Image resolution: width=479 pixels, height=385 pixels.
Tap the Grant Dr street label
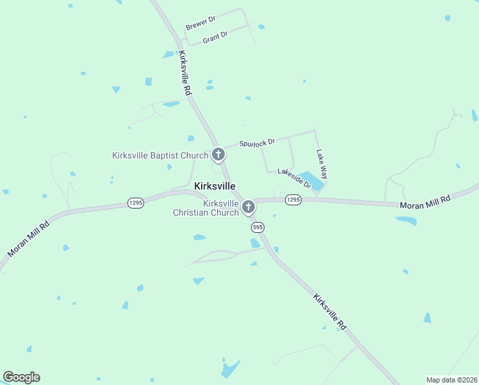215,37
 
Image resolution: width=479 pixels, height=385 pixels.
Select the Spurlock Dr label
257,142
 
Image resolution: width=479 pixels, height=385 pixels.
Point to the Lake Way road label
322,164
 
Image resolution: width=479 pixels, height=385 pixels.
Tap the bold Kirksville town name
215,185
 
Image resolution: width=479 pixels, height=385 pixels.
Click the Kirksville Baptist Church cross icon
218,155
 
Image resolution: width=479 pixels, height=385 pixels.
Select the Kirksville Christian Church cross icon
248,207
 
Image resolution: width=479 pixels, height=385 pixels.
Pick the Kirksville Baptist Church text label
160,155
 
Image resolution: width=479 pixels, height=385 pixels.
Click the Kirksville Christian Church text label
206,208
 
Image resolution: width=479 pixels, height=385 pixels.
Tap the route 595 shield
257,227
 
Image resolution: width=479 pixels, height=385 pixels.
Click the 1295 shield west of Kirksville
135,202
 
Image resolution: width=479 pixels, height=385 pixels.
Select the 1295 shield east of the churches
293,200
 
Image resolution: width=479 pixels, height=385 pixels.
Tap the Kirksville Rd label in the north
186,74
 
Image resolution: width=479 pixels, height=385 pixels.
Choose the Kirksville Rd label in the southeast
330,311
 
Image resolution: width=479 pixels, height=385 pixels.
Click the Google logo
21,377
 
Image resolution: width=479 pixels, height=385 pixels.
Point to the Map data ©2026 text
451,380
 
